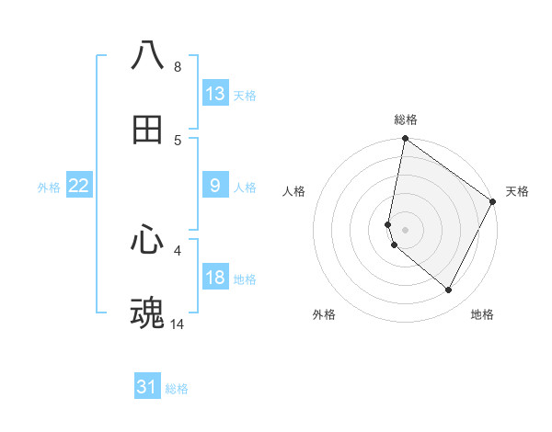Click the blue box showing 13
tap(215, 93)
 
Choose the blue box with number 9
tap(215, 186)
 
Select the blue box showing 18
tap(215, 278)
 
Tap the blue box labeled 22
tap(79, 186)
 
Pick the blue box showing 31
tap(147, 387)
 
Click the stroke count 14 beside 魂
tap(177, 324)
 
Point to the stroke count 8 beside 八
tap(178, 66)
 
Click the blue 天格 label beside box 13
tap(244, 95)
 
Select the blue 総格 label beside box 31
tap(177, 389)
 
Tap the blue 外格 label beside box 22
tap(49, 188)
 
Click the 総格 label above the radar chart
tap(405, 119)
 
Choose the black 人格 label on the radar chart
tap(294, 191)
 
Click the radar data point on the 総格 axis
tap(405, 140)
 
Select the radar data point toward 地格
tap(449, 290)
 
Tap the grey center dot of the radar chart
tap(405, 229)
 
